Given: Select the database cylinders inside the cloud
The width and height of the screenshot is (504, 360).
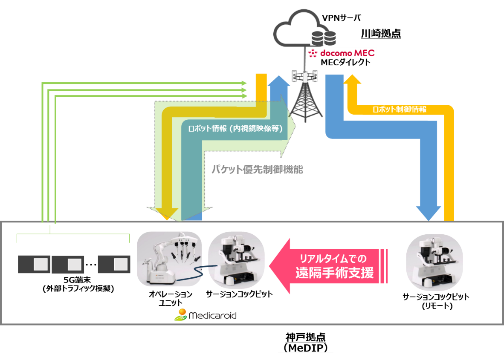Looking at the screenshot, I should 323,38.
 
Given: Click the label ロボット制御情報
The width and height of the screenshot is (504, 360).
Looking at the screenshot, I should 400,109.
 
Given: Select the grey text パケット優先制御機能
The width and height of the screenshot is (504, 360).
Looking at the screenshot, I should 257,169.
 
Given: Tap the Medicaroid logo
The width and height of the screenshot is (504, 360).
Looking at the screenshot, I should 205,316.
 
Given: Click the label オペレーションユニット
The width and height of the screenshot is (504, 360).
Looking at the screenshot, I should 171,298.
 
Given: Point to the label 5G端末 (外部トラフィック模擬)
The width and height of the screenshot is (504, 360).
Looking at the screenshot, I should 73,284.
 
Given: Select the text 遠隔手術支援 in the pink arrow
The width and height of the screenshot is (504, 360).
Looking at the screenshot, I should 334,273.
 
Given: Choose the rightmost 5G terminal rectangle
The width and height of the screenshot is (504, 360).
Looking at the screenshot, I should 114,265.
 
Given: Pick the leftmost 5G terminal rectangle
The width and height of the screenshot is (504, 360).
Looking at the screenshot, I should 35,265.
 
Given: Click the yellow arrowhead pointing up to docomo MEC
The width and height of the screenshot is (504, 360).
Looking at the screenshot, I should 352,81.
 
